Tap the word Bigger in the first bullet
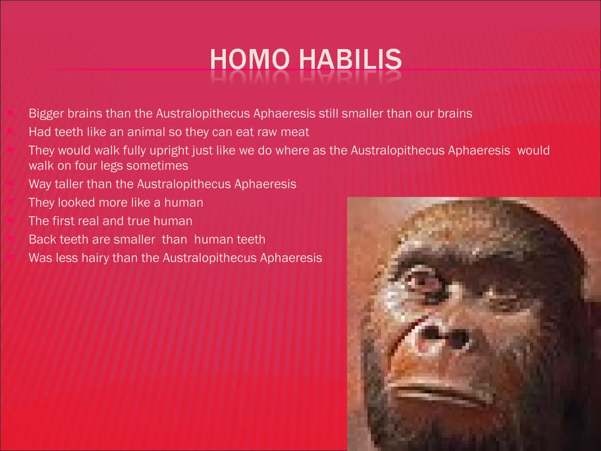(46, 114)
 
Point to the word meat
(295, 132)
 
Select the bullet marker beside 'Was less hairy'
(10, 257)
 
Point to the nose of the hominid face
(440, 338)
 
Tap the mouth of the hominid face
(440, 391)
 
